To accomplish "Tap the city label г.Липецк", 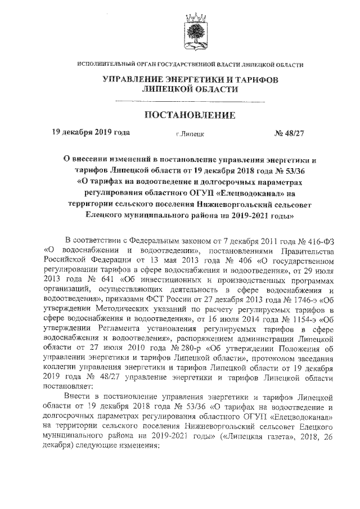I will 190,134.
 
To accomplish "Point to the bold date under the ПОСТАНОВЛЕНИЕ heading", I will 91,133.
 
